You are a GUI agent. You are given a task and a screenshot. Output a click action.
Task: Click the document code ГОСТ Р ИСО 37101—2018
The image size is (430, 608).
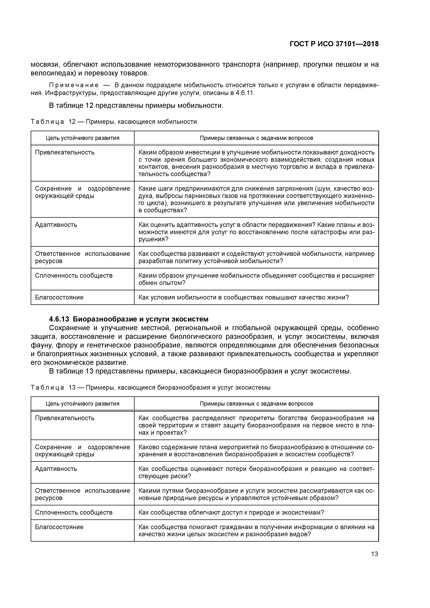(x=334, y=44)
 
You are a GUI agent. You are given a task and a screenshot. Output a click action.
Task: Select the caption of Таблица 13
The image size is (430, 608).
(x=150, y=387)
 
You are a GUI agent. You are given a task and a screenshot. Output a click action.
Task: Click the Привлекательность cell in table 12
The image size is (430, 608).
(x=65, y=152)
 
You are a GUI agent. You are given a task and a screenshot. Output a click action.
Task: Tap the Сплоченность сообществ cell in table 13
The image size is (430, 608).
(x=74, y=512)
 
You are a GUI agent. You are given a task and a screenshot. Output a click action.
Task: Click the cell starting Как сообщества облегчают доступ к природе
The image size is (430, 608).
(x=231, y=512)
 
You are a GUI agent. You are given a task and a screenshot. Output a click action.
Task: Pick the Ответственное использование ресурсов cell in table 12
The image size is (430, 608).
(x=82, y=257)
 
